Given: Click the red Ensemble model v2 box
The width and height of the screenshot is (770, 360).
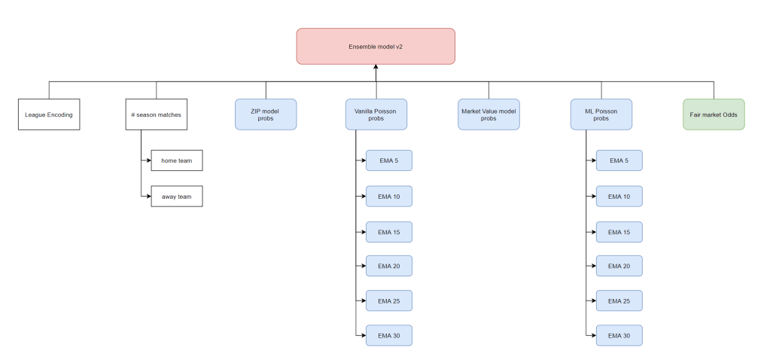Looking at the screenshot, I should (376, 46).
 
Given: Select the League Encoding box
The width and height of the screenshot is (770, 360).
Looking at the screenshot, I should (49, 114).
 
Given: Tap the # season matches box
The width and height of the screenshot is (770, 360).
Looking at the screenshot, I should (156, 114).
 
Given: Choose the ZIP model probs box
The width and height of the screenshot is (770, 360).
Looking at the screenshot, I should (266, 114).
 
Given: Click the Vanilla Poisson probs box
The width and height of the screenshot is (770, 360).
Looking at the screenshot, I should (376, 114).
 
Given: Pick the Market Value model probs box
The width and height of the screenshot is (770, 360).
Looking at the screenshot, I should (488, 114).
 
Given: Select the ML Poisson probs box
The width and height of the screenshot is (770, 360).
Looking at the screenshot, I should (601, 114).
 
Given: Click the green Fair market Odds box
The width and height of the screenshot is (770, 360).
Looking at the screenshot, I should (714, 114).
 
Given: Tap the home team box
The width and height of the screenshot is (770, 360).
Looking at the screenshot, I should (177, 160).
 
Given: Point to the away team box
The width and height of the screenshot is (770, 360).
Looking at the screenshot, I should (177, 196).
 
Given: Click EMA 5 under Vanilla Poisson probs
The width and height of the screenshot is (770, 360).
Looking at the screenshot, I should (388, 160).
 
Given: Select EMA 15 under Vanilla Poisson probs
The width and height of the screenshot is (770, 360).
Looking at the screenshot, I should (388, 231).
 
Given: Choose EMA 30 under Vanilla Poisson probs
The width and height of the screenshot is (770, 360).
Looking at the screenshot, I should (388, 335).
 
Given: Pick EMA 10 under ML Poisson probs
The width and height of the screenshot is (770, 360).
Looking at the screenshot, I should (619, 196).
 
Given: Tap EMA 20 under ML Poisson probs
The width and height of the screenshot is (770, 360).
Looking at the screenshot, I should (619, 266).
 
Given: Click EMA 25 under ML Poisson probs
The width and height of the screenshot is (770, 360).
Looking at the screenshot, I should (619, 301).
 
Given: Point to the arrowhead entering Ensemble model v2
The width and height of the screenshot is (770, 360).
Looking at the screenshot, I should (376, 68).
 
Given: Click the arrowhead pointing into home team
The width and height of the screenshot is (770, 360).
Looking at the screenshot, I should (148, 160).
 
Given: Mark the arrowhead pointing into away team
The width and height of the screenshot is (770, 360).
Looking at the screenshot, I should (148, 196).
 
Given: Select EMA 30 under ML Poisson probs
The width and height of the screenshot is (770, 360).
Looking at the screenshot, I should (619, 335).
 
